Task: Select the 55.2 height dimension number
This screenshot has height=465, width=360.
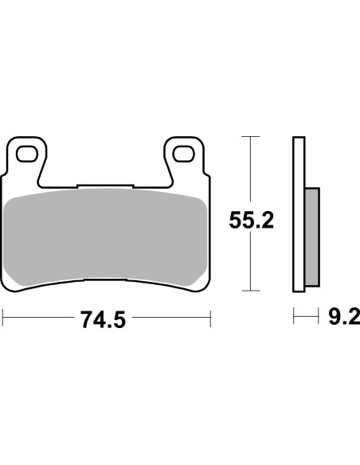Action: (x=252, y=220)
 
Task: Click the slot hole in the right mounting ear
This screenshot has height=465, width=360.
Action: (x=185, y=151)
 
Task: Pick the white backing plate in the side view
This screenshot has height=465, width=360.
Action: (x=299, y=215)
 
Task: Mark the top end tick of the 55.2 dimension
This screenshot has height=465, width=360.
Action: (x=251, y=137)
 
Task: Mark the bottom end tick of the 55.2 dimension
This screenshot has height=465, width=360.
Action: (x=251, y=291)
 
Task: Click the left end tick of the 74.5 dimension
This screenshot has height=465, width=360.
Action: (x=3, y=319)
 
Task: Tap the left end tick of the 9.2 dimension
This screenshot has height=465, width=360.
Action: (x=295, y=319)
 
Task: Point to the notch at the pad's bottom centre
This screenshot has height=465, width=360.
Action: (x=105, y=280)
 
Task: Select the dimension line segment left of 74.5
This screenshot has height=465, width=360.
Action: (x=40, y=319)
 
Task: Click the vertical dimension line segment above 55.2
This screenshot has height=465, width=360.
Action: (x=251, y=171)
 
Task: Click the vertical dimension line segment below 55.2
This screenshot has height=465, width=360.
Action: (x=251, y=263)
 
